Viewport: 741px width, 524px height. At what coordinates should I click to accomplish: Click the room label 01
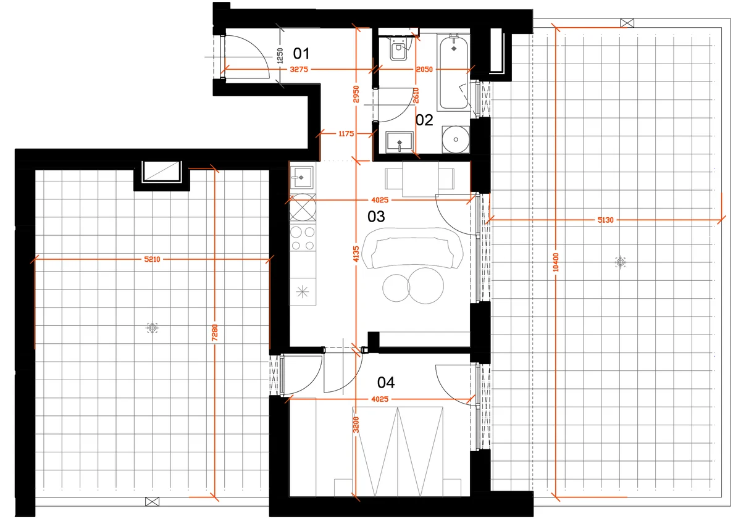click(x=301, y=54)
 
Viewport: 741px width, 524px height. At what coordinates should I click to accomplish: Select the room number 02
click(x=424, y=120)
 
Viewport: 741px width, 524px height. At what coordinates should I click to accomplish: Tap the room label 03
click(x=376, y=217)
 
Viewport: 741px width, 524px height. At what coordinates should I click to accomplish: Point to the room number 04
click(x=386, y=383)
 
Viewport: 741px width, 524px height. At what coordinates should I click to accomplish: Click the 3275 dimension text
click(x=299, y=69)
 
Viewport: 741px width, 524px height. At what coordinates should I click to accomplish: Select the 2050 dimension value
click(x=424, y=69)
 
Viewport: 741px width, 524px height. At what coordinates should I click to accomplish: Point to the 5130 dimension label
click(x=605, y=220)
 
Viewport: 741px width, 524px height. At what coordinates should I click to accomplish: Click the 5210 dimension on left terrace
click(x=152, y=259)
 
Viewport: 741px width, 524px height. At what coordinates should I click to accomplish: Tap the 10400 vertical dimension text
click(x=556, y=262)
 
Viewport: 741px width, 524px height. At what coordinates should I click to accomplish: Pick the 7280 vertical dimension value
click(x=215, y=333)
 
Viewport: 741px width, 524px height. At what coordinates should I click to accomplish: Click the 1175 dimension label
click(x=346, y=133)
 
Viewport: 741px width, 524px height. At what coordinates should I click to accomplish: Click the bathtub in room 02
click(x=453, y=72)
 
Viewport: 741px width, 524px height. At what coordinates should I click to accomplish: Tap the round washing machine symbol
click(x=456, y=139)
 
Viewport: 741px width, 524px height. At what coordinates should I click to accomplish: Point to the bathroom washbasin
click(x=400, y=142)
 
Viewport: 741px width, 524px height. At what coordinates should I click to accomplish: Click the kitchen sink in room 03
click(x=302, y=177)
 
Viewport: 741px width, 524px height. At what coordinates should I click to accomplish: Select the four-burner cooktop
click(x=303, y=238)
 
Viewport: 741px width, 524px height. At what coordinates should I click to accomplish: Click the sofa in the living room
click(x=412, y=248)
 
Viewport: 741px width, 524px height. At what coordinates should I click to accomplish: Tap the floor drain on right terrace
click(x=620, y=262)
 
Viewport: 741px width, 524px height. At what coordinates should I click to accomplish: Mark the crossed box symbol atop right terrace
click(x=627, y=23)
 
